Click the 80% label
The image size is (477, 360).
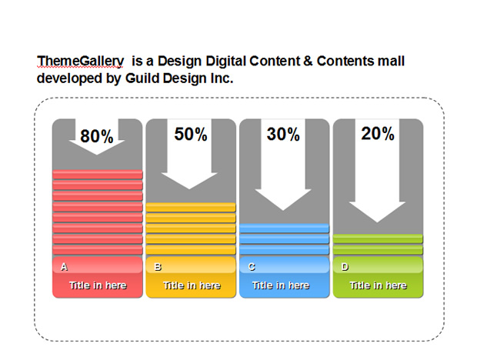(x=97, y=136)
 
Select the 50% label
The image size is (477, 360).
(x=191, y=134)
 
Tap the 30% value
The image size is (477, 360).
(x=283, y=134)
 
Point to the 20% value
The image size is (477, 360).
(x=378, y=134)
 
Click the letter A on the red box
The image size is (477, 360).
(x=64, y=267)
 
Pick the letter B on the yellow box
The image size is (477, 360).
(x=158, y=267)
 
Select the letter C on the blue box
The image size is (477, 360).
(x=252, y=267)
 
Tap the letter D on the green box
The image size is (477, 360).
(x=345, y=267)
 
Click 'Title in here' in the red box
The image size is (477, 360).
(x=98, y=285)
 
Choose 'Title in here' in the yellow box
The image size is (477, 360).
(x=192, y=285)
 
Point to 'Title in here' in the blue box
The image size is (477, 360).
(x=281, y=285)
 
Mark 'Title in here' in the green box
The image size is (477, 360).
(x=378, y=285)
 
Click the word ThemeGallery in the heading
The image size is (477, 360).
(x=80, y=62)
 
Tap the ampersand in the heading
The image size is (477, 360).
(x=308, y=61)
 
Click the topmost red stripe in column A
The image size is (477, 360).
(x=98, y=175)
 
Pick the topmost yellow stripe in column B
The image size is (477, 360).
(x=191, y=208)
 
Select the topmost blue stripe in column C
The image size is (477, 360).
(x=284, y=228)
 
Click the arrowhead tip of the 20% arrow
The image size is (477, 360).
(x=377, y=222)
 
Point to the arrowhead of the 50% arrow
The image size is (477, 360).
(x=189, y=180)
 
